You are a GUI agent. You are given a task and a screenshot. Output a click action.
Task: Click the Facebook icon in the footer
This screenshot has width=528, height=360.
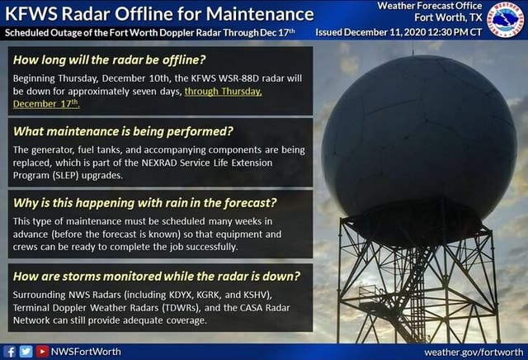click(9, 351)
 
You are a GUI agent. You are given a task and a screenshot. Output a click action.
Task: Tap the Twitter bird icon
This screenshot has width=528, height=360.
click(24, 351)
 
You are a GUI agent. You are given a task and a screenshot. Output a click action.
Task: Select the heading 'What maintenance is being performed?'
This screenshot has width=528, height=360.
click(125, 130)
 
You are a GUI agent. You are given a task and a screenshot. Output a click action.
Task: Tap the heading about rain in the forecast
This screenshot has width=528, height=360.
click(145, 202)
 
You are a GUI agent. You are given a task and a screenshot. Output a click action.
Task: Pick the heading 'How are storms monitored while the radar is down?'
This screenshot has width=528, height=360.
click(157, 275)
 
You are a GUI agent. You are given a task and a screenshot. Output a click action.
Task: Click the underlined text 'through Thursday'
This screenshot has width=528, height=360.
click(224, 92)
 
